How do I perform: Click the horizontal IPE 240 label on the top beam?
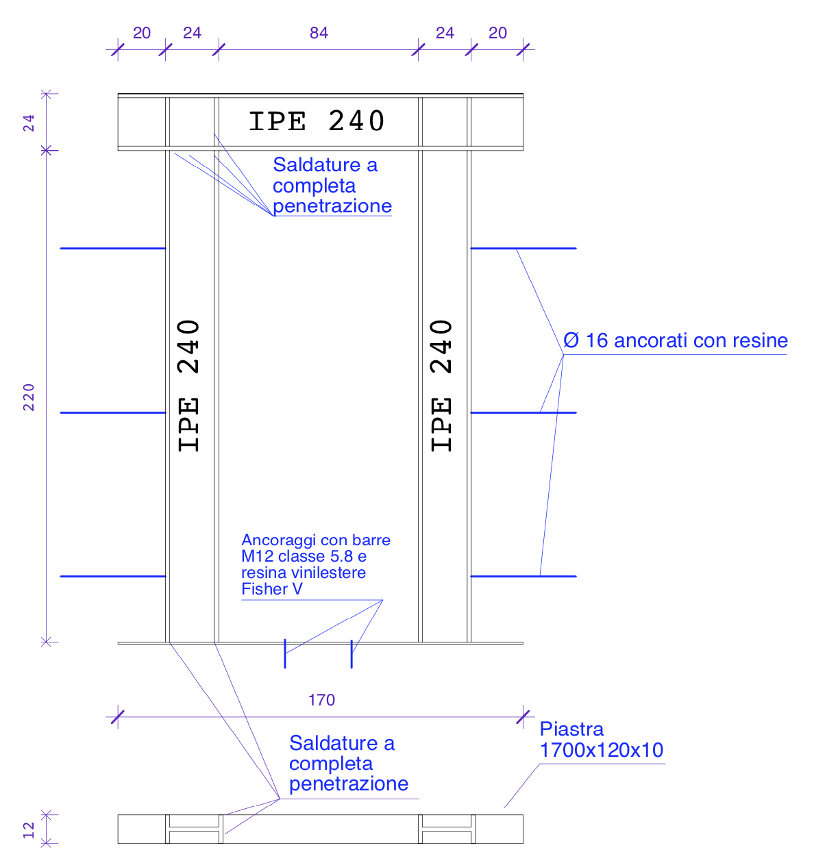[x=317, y=121]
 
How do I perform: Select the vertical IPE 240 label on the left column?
[x=189, y=385]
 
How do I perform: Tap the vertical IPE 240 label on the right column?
[x=442, y=385]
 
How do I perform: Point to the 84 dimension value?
[x=319, y=33]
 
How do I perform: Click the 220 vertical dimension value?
[x=29, y=397]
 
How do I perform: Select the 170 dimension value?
[x=321, y=700]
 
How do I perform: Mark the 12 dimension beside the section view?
[x=29, y=830]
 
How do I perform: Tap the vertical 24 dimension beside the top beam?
[x=29, y=123]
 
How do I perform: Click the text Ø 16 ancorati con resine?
[x=675, y=340]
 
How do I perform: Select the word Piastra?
[x=571, y=729]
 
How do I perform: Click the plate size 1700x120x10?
[x=601, y=750]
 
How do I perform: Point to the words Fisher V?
[x=271, y=589]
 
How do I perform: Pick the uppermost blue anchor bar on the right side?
[x=523, y=248]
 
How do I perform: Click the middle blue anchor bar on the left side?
[x=113, y=412]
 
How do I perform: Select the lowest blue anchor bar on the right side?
[x=523, y=576]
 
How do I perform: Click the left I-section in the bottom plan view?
[x=194, y=829]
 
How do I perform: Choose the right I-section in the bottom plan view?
[x=447, y=829]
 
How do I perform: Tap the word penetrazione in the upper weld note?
[x=332, y=206]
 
